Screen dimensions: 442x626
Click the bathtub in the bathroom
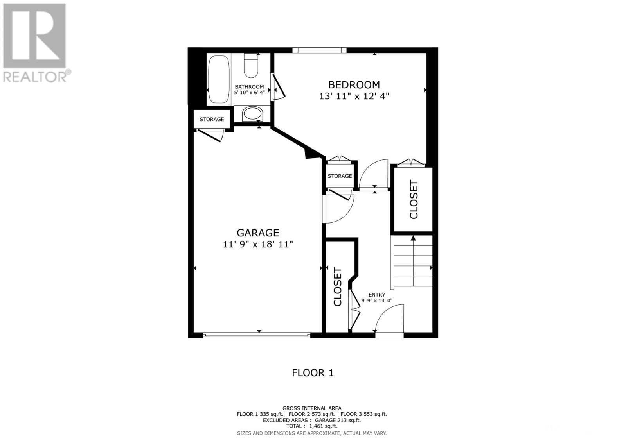(219, 79)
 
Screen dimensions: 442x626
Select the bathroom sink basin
(253, 115)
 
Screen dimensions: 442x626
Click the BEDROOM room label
(354, 85)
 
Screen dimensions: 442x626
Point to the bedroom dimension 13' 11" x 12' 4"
(354, 96)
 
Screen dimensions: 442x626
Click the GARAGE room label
(258, 233)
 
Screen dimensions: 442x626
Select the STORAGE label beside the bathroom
(212, 119)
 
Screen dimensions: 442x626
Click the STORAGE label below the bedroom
(340, 176)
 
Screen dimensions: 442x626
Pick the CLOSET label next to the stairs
(414, 199)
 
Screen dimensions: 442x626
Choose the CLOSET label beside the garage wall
(338, 287)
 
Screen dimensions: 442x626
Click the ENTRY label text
(377, 295)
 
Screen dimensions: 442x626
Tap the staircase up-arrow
(413, 238)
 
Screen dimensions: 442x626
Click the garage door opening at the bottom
(257, 335)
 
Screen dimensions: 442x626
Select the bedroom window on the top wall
(319, 50)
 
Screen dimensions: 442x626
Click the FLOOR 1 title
(313, 373)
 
